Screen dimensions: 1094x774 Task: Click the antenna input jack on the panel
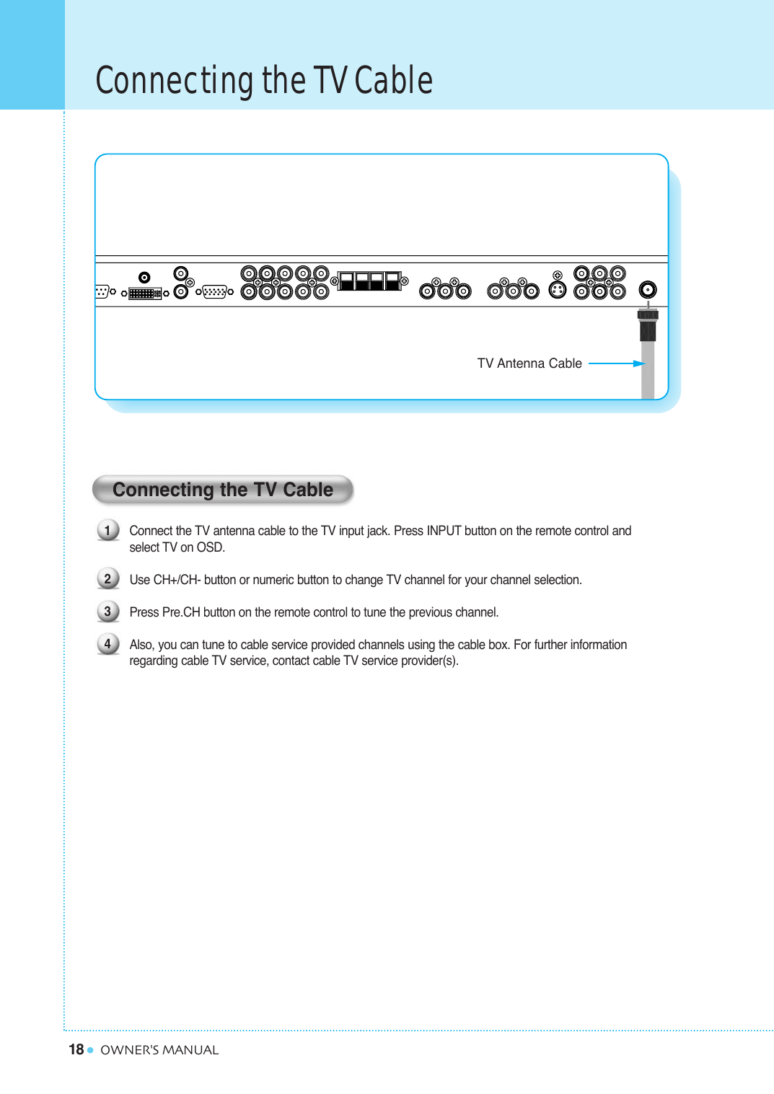coord(648,290)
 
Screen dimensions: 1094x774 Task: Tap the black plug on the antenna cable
coord(648,329)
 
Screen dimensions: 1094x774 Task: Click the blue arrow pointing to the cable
coord(617,363)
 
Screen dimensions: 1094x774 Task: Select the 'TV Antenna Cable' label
coord(529,363)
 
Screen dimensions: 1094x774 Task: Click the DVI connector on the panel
coord(144,294)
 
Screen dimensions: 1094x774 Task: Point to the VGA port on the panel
coord(214,292)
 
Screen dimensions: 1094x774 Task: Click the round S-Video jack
coord(558,290)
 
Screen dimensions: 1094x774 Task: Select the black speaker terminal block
coord(369,281)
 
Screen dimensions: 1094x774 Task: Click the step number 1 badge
coord(107,531)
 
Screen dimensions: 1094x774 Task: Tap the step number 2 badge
coord(107,579)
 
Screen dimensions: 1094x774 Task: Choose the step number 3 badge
coord(107,612)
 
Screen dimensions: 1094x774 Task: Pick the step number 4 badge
coord(107,644)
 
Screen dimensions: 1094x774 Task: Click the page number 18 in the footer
coord(76,1049)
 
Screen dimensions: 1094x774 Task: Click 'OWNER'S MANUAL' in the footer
coord(159,1050)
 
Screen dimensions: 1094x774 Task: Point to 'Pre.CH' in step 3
coord(180,612)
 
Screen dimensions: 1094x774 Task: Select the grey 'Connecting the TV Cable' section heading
coord(223,490)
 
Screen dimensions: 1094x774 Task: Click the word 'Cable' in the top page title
coord(394,80)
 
